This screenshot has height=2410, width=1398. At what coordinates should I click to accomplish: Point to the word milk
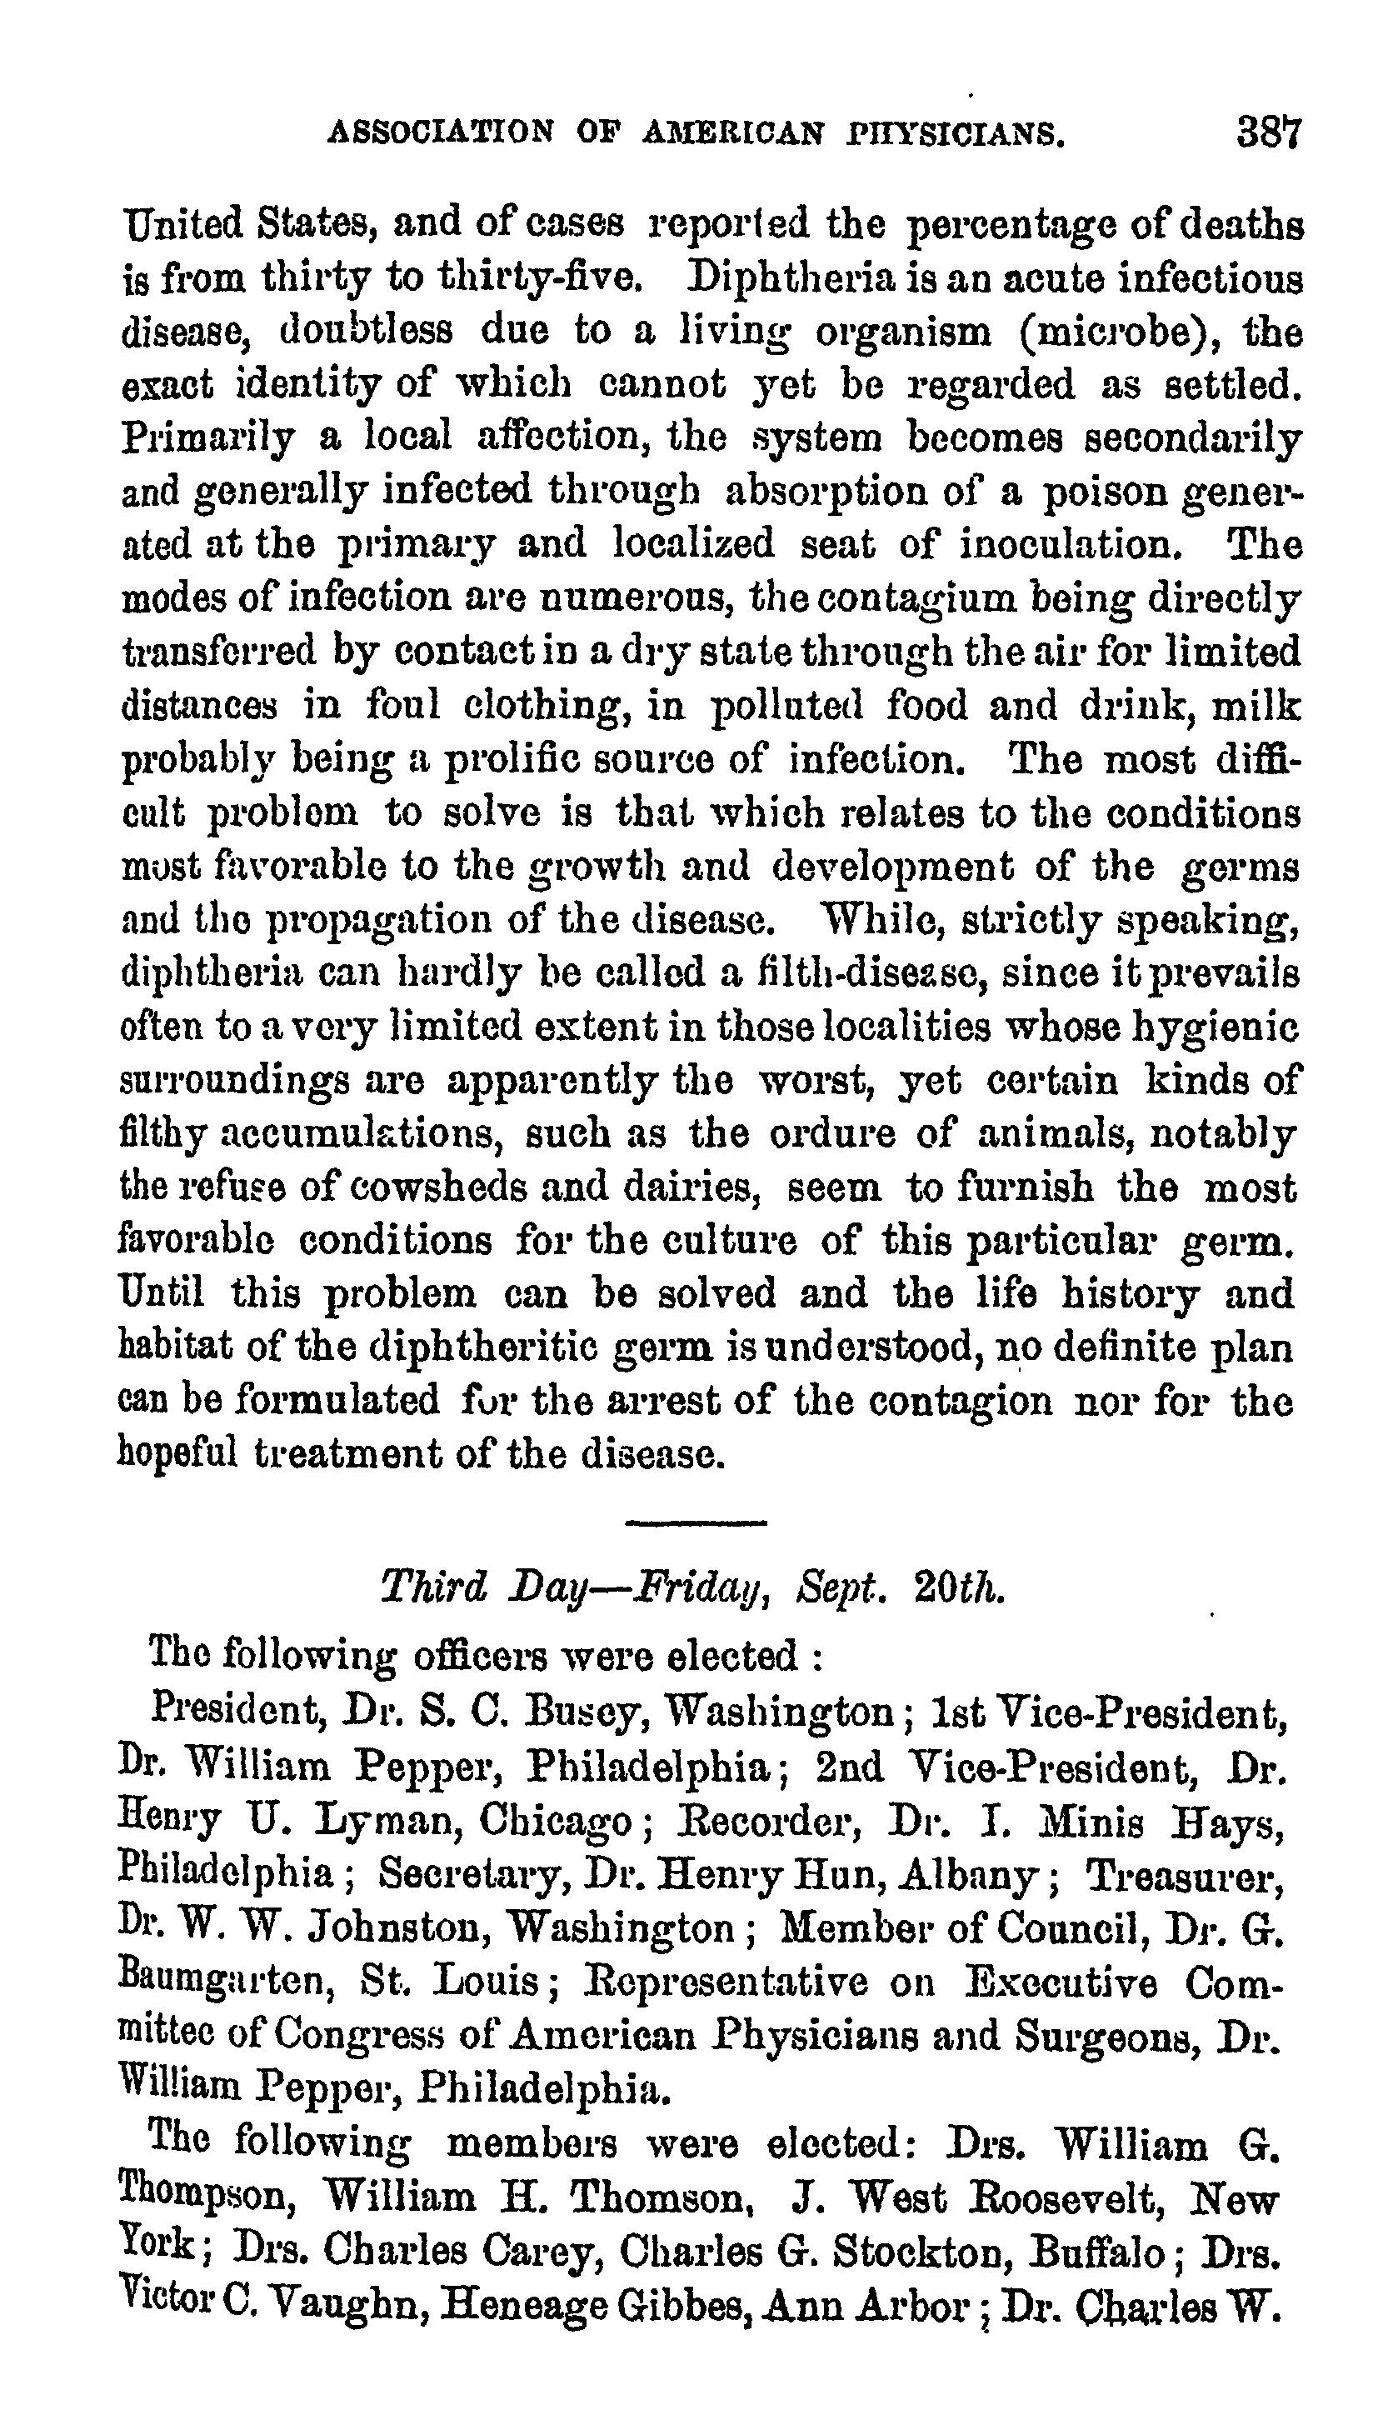click(x=1256, y=705)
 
